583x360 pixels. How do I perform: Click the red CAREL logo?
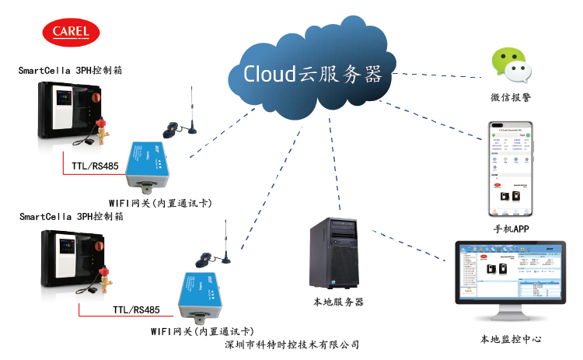pos(71,32)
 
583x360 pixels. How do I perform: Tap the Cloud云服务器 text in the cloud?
pos(312,74)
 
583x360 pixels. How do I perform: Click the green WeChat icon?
pos(511,65)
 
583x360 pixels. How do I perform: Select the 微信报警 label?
pos(511,98)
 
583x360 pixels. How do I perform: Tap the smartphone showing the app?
pos(509,169)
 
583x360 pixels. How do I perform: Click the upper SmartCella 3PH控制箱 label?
pos(70,70)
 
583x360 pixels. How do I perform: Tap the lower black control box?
pos(68,260)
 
